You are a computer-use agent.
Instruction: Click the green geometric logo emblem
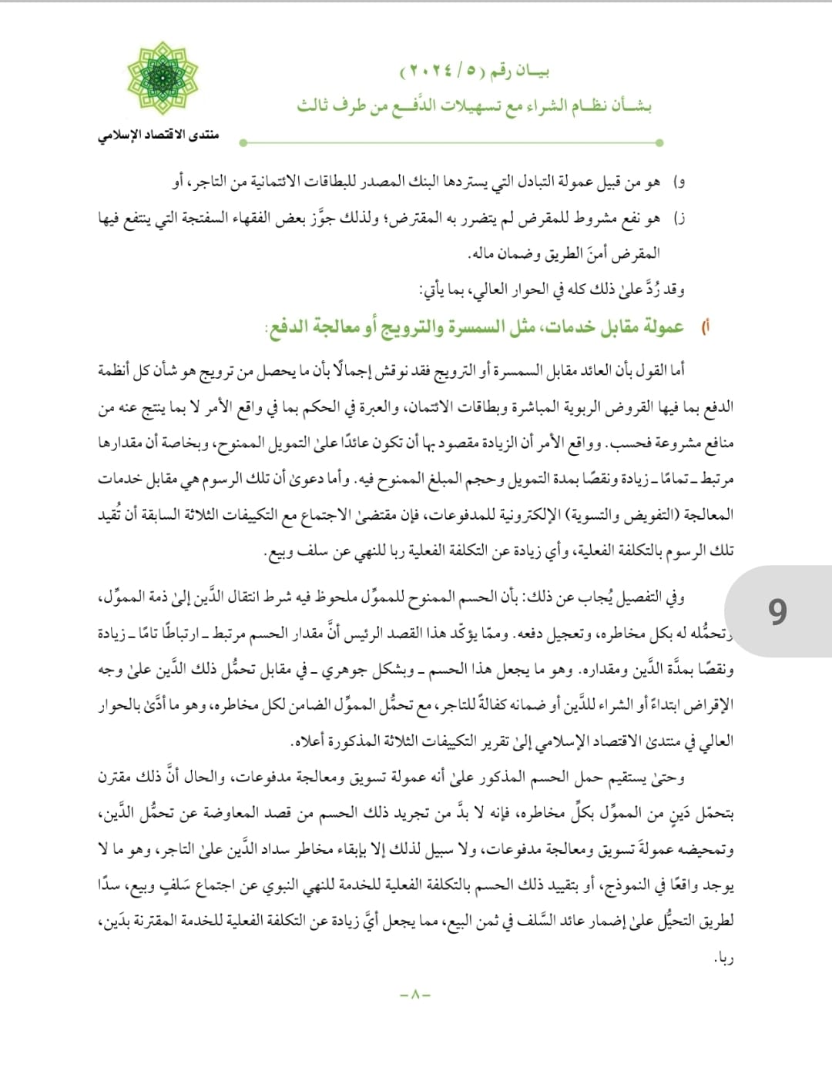[163, 78]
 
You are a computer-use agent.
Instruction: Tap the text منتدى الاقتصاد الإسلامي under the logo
[158, 135]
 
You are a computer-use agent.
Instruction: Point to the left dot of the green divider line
[243, 142]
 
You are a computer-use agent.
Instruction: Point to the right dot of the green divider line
[659, 142]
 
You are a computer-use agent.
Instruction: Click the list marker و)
[679, 182]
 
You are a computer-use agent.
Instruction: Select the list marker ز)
[679, 219]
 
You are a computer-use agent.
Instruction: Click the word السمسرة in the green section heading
[483, 327]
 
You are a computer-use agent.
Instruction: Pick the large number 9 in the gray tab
[777, 611]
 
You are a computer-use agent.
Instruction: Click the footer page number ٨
[415, 994]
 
